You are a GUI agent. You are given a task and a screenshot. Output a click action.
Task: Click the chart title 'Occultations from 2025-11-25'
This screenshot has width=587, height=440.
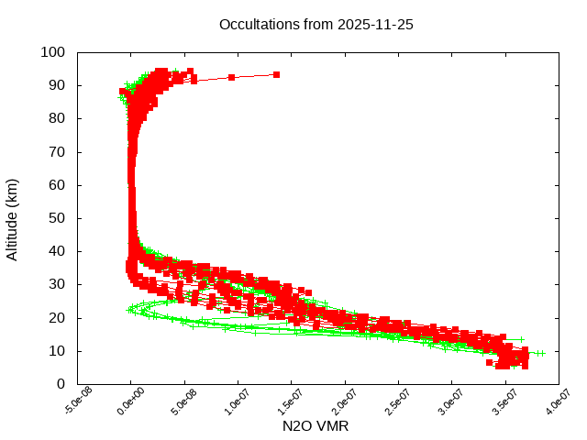click(316, 25)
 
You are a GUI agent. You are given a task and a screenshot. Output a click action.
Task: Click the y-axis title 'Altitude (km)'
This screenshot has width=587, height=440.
click(12, 218)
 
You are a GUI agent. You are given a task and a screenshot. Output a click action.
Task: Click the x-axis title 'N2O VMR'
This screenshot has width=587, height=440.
click(316, 426)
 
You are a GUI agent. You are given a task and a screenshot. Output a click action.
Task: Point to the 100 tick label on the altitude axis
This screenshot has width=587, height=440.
click(53, 52)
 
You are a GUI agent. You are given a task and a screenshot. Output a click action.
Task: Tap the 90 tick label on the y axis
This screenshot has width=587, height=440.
click(57, 85)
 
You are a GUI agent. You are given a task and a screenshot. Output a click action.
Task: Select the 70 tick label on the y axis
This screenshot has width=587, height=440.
click(57, 152)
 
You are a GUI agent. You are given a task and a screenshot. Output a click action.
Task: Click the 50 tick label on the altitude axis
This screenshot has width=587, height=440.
click(57, 218)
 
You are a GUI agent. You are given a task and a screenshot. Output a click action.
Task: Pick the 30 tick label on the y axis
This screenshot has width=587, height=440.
click(57, 284)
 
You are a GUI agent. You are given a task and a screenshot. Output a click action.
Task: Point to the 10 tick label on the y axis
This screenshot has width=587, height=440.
click(57, 351)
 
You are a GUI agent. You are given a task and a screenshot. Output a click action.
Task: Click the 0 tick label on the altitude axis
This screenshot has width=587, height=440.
click(61, 384)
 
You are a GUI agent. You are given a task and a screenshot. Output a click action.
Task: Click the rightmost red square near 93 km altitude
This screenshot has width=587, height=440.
click(276, 74)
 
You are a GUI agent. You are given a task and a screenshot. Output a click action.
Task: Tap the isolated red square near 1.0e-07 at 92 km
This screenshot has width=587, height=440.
click(232, 77)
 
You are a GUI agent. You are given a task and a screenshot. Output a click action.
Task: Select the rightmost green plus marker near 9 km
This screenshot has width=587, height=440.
click(541, 353)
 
